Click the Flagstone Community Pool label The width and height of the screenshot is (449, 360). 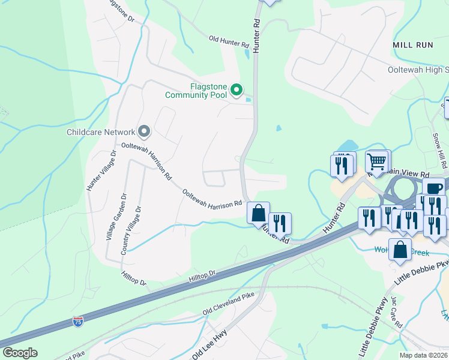pos(200,91)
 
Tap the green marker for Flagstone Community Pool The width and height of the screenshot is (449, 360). pos(237,91)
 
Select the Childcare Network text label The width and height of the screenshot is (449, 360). pos(101,132)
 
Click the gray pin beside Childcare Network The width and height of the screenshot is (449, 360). pos(143,131)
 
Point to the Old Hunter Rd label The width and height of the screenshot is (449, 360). pos(229,41)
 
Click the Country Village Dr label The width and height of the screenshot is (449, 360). pos(131,231)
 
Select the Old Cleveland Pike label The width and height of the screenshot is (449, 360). pos(229,305)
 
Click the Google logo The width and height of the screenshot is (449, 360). pos(20,353)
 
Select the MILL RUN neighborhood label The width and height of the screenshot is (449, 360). pos(412,45)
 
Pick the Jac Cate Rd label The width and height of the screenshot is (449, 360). pos(396,312)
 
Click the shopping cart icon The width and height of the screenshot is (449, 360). pos(377,161)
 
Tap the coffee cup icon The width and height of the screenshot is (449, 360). pos(433,188)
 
